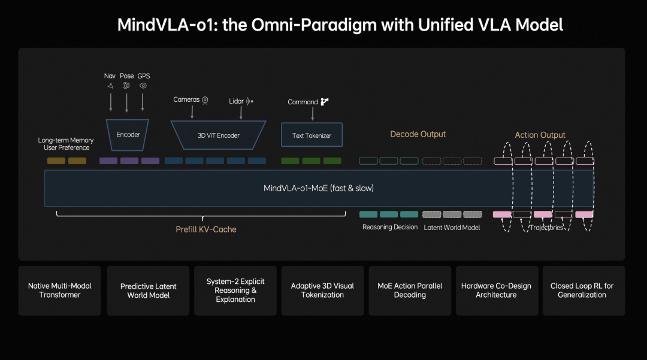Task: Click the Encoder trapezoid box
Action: click(x=128, y=134)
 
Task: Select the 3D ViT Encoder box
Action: click(x=218, y=135)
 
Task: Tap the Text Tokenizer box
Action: click(x=312, y=135)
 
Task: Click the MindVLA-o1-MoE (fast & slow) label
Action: click(x=318, y=188)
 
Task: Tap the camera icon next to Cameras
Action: click(x=205, y=100)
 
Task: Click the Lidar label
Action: click(x=236, y=101)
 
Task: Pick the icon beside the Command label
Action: click(x=325, y=102)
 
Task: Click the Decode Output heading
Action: click(x=418, y=134)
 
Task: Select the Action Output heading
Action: click(x=540, y=135)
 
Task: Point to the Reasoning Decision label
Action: click(x=389, y=228)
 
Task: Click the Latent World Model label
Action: click(x=452, y=228)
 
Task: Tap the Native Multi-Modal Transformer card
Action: click(x=60, y=291)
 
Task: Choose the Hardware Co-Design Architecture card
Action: click(x=496, y=291)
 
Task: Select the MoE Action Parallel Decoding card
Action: click(x=410, y=291)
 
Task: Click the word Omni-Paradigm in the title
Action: click(x=322, y=25)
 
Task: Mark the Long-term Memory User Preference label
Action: click(x=66, y=144)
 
